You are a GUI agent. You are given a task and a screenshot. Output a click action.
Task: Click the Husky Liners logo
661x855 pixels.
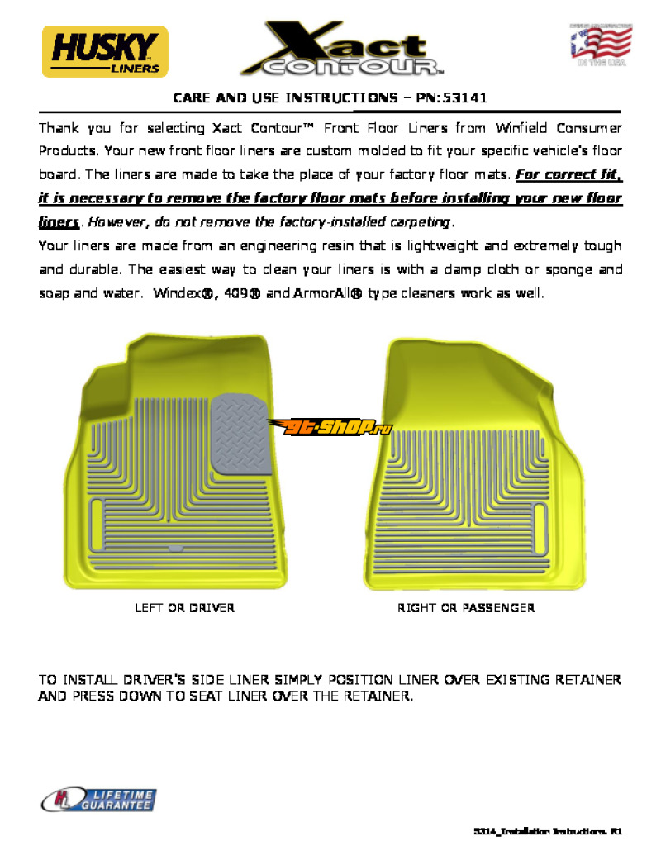105,50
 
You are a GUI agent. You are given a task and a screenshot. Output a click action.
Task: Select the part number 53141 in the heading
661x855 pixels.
464,97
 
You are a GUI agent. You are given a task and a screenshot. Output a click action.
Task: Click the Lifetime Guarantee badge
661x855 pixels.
99,799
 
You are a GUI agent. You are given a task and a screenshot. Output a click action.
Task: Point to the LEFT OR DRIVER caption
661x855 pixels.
184,608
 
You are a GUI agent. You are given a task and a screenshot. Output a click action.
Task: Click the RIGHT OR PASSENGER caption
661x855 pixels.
466,608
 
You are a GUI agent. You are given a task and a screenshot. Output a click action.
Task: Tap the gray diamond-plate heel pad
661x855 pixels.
241,435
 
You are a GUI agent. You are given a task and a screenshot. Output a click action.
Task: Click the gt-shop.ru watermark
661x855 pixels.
330,427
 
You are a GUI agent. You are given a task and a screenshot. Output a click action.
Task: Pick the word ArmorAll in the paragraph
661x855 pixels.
322,293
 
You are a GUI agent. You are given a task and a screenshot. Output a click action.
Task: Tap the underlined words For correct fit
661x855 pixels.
568,175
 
